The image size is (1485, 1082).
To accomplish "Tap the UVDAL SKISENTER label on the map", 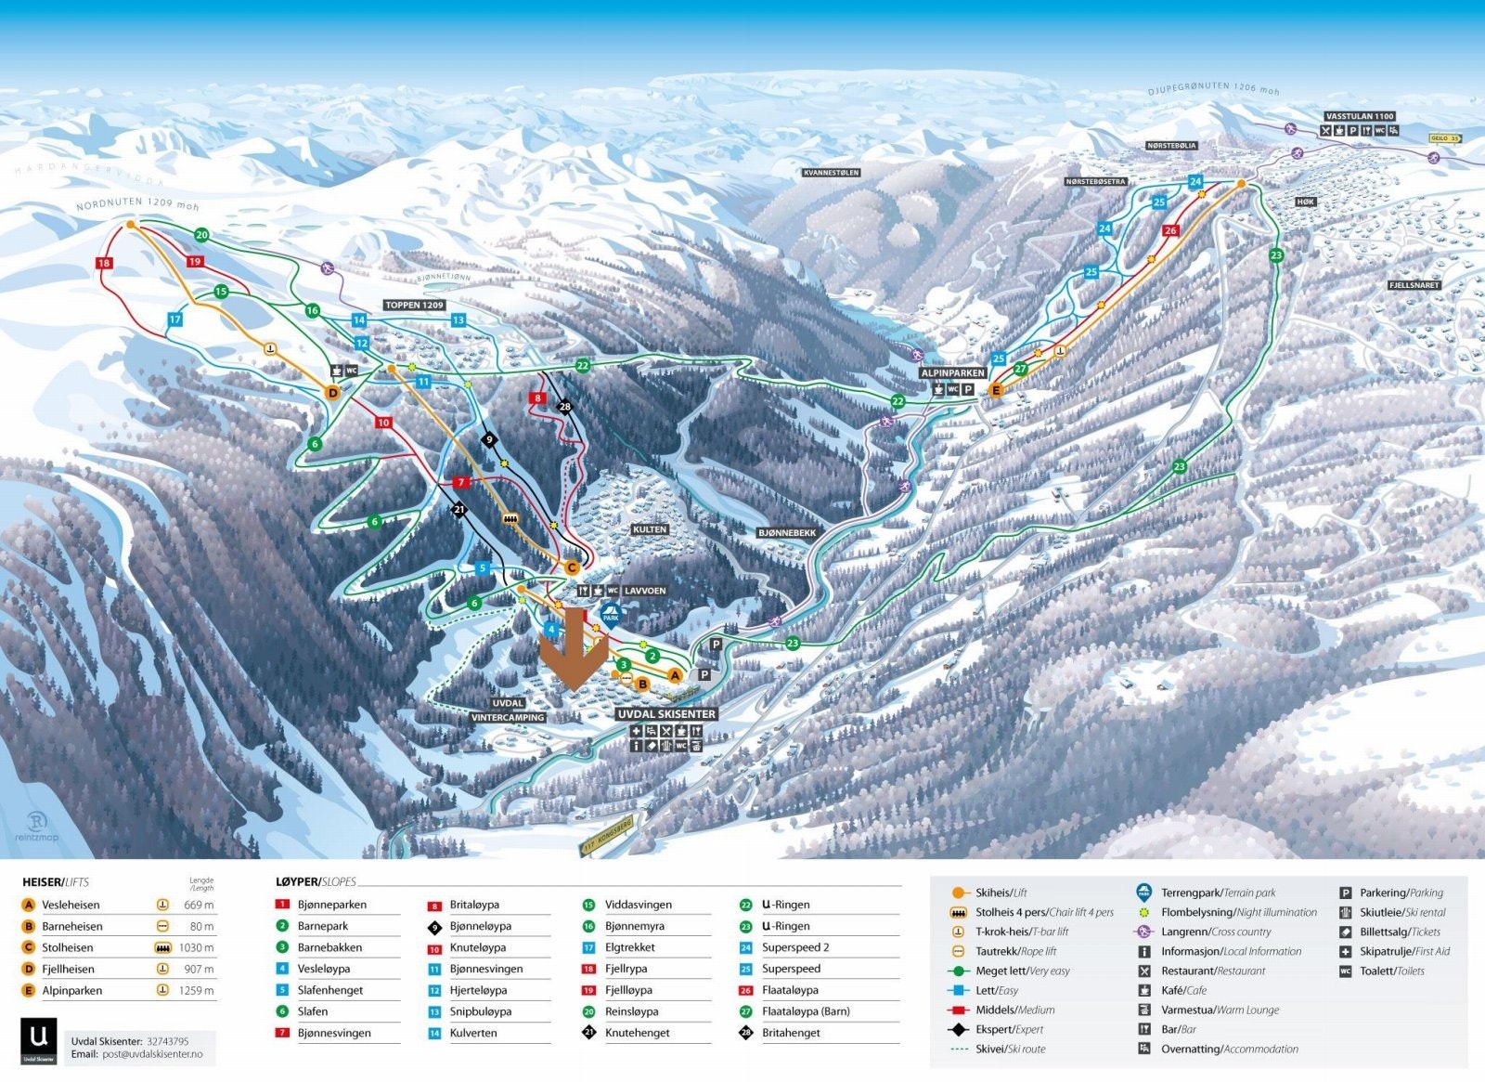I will point(666,714).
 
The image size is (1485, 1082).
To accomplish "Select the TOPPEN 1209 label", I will point(415,305).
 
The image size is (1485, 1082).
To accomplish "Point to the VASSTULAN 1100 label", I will point(1360,117).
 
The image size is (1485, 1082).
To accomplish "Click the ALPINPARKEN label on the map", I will point(952,373).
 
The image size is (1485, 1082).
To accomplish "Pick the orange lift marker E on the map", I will point(996,391).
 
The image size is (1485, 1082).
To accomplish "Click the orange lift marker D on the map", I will point(333,393).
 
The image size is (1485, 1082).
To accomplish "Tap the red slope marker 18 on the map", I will point(104,263).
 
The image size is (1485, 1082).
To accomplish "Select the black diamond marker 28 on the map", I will point(564,407).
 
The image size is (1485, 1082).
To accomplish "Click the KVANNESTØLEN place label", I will point(831,173).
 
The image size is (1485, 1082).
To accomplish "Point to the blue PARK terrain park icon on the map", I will point(611,613).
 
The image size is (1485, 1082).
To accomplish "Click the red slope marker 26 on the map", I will point(1170,230).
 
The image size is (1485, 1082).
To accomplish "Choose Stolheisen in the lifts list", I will point(68,947).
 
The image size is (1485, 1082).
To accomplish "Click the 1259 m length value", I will point(199,990).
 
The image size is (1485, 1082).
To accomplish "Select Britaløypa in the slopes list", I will point(474,905).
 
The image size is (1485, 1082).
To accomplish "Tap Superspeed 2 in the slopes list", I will point(795,947).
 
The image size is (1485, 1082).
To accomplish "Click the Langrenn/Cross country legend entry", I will point(1215,932).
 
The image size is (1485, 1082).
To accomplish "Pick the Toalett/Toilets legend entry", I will point(1391,971).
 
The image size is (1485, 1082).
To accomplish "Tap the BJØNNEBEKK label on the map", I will point(787,533).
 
